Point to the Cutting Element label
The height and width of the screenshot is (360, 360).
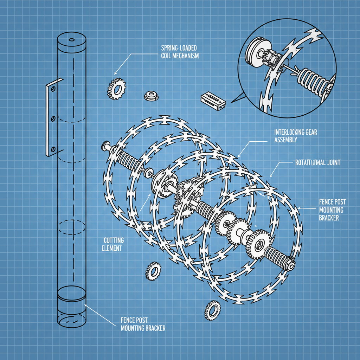114,244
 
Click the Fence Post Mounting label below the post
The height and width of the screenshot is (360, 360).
143,324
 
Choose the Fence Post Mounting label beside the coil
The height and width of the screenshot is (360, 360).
332,210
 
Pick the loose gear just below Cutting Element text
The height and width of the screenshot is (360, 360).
153,271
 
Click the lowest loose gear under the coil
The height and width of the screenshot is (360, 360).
213,310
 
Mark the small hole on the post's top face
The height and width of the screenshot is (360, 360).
72,40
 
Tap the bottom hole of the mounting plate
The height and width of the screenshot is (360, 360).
53,149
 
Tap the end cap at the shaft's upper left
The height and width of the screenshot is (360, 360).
105,145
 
